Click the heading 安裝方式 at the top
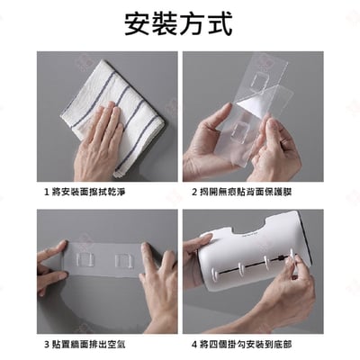[x=178, y=24]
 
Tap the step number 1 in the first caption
[x=47, y=192]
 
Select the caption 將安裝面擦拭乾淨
[x=88, y=192]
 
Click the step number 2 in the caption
[x=194, y=192]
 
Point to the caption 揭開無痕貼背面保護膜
[x=246, y=192]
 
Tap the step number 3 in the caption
[x=47, y=344]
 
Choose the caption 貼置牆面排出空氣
[x=88, y=344]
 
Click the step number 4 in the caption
[x=194, y=344]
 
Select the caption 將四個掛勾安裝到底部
[x=246, y=344]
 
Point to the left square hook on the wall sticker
[x=84, y=261]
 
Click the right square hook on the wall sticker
[x=123, y=261]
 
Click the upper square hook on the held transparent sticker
[x=259, y=82]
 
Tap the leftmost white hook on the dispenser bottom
[x=215, y=274]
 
